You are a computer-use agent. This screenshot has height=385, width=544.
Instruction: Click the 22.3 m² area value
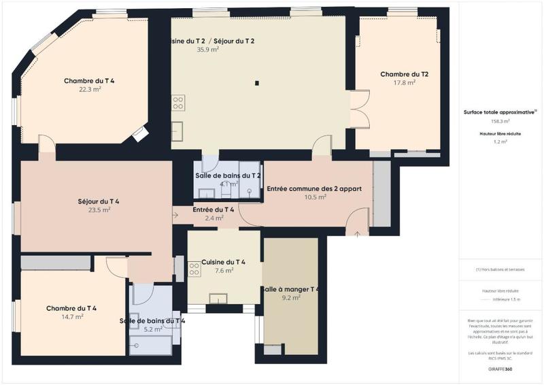coord(89,89)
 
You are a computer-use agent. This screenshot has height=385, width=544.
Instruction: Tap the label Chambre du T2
coord(404,74)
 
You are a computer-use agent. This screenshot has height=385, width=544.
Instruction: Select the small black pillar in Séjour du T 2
coord(257,84)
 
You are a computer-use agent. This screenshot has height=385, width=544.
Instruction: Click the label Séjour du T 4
coord(99,201)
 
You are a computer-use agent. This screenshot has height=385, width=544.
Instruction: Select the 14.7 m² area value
coord(71,316)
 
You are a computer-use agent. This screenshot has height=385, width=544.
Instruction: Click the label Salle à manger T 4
coord(290,289)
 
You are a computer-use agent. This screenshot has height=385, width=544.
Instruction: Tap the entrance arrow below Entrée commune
coord(358,233)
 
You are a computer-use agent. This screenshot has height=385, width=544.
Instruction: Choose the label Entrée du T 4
coord(214,210)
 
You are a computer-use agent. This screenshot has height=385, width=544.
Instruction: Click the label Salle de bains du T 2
coord(228,175)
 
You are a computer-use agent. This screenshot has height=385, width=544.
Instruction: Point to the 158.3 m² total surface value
coord(500,121)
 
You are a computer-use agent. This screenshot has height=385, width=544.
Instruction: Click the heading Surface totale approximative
coord(499,112)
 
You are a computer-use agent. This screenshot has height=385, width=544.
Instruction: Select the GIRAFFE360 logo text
coord(500,369)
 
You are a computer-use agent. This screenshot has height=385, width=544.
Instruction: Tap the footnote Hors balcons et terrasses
coord(500,269)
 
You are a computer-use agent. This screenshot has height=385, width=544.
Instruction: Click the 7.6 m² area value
coord(224,270)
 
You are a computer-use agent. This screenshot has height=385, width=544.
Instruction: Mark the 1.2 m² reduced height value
coord(500,141)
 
